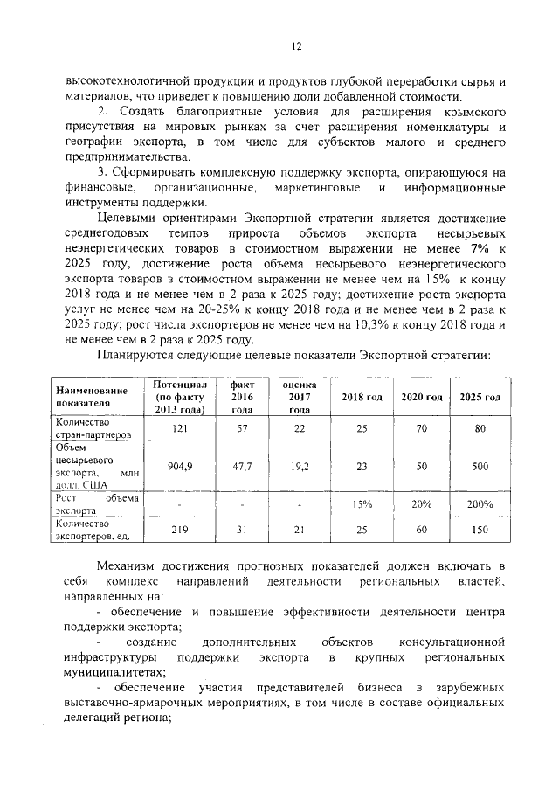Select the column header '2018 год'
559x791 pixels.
pyautogui.click(x=362, y=397)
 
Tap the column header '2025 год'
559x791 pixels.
pyautogui.click(x=480, y=397)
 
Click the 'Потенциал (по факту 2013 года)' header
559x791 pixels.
pyautogui.click(x=179, y=397)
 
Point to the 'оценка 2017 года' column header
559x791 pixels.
pyautogui.click(x=300, y=397)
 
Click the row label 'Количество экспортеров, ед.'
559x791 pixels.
pyautogui.click(x=94, y=530)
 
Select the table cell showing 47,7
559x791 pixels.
pyautogui.click(x=242, y=467)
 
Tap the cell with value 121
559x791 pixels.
pyautogui.click(x=179, y=427)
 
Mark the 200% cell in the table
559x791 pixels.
pyautogui.click(x=480, y=503)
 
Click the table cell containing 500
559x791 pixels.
pyautogui.click(x=480, y=467)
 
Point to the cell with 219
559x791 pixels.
pyautogui.click(x=179, y=530)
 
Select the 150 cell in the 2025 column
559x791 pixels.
pyautogui.click(x=480, y=530)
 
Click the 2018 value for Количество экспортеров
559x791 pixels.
pyautogui.click(x=362, y=530)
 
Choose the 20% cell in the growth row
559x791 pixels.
pyautogui.click(x=421, y=503)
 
